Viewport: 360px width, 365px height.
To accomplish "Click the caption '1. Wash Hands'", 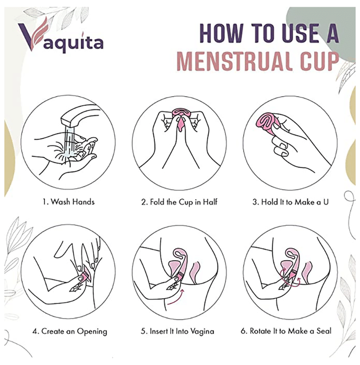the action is (x=68, y=202).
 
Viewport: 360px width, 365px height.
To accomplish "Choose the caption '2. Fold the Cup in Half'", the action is (x=179, y=202).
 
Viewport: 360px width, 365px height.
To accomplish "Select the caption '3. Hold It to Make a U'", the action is (x=291, y=202).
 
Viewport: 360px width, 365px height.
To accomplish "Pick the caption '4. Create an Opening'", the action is (x=69, y=331).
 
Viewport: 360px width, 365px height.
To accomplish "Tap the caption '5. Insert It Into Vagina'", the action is (x=177, y=331).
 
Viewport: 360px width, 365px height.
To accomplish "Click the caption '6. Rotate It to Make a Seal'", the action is (x=286, y=331).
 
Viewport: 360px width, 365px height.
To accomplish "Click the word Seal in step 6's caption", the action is (x=324, y=331).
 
